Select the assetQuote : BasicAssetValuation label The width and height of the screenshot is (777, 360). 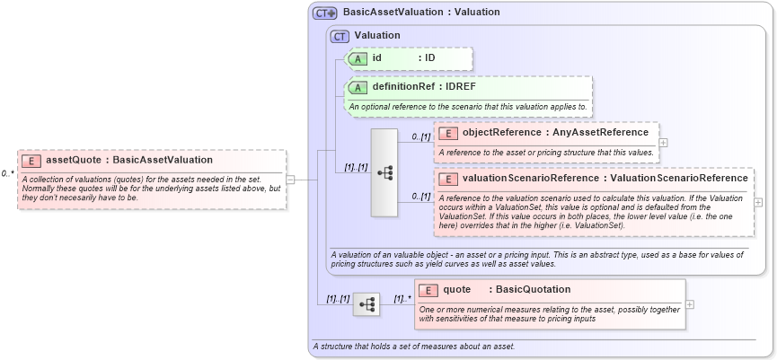pos(129,160)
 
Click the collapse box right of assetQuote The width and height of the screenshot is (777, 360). pos(290,179)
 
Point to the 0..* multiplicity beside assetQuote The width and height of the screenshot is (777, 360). pos(7,173)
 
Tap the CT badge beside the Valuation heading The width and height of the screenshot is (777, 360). pos(340,36)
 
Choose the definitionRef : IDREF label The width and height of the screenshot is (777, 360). pos(424,87)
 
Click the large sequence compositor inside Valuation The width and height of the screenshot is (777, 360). pos(384,172)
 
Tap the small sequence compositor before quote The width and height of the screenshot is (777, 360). pos(366,304)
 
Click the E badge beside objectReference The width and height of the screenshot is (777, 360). pos(447,133)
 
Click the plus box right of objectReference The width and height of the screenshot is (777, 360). pos(664,142)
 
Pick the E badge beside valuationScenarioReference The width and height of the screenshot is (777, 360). pos(447,179)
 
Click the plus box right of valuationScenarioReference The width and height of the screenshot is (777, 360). pos(758,202)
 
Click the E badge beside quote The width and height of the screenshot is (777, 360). pos(428,290)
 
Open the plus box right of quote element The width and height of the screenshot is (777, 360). pos(690,304)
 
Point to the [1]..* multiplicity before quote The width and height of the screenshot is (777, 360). pos(402,298)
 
